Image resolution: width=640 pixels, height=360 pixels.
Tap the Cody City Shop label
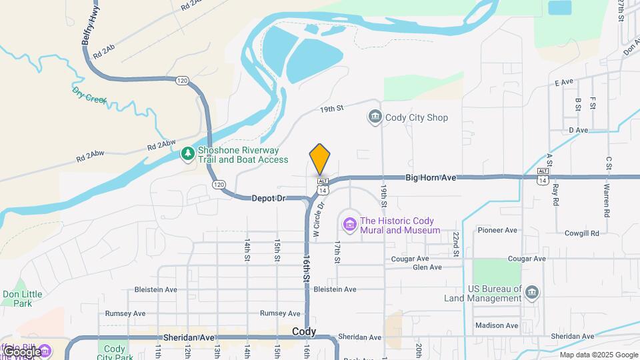[417, 118]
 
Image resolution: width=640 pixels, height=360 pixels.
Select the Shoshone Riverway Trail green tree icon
[189, 155]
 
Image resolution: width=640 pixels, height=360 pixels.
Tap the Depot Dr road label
[268, 199]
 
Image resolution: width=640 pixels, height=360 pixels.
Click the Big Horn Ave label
[431, 178]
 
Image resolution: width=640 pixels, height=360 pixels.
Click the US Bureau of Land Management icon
[531, 292]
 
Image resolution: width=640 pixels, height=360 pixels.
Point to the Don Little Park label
[22, 298]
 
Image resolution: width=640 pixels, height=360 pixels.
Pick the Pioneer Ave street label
[497, 231]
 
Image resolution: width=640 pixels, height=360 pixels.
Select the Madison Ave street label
[497, 325]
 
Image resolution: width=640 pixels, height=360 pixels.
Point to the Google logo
[21, 351]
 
